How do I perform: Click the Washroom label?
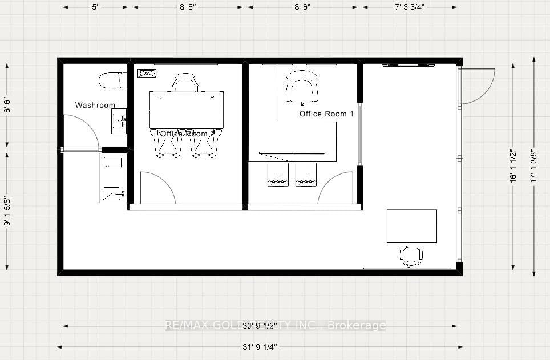(x=95, y=105)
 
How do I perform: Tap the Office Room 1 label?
(x=326, y=114)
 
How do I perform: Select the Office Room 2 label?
(x=187, y=134)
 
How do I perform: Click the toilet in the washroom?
(x=112, y=80)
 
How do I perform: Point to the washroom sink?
(x=119, y=120)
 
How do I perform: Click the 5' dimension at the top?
(x=95, y=7)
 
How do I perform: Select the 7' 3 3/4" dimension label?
(x=409, y=7)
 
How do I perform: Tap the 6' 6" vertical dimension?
(x=7, y=105)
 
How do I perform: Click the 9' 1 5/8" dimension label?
(x=7, y=211)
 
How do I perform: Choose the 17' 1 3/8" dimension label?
(x=534, y=165)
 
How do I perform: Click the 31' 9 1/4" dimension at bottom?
(x=260, y=346)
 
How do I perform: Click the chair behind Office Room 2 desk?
(x=185, y=83)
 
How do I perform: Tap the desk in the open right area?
(x=411, y=226)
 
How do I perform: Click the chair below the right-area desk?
(x=411, y=256)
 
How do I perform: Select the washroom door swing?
(x=80, y=131)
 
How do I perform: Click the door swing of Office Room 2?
(x=157, y=188)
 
